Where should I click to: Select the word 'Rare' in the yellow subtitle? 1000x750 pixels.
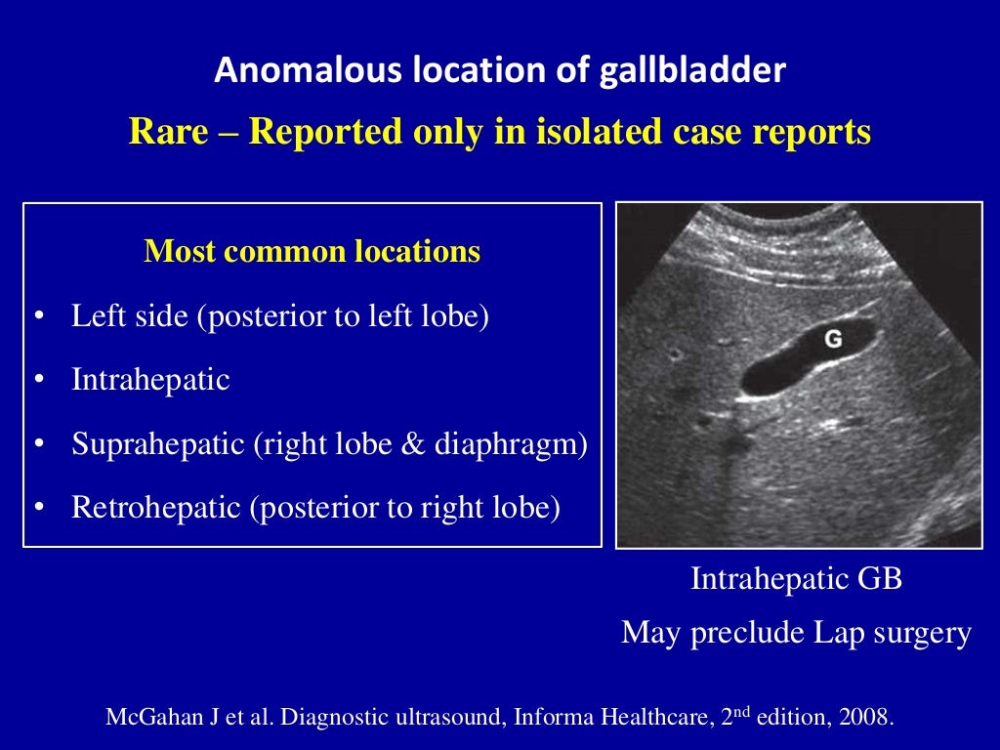[168, 131]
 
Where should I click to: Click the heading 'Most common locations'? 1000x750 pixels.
[312, 252]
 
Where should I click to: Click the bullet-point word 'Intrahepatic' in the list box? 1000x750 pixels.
[150, 380]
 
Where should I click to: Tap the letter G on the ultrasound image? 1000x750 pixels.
[833, 339]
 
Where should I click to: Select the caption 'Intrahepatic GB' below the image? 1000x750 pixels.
[796, 579]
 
